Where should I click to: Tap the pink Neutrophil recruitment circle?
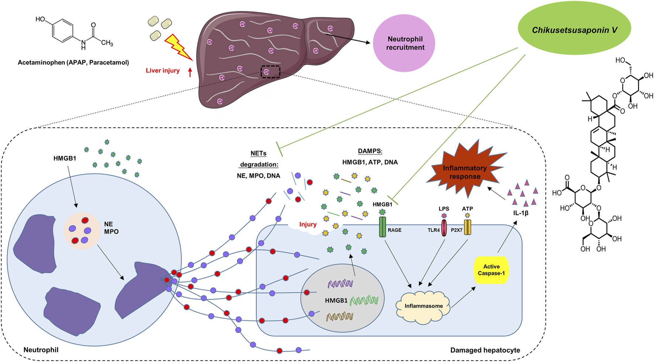pos(404,43)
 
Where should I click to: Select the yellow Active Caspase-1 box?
pos(491,270)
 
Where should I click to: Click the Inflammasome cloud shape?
pos(423,307)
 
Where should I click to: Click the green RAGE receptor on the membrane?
pos(382,227)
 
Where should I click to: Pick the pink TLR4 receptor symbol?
pos(444,228)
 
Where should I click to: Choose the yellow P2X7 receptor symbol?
pos(468,227)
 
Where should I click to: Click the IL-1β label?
pos(521,213)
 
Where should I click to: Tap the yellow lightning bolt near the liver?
pos(178,47)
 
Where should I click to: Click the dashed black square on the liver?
pos(271,72)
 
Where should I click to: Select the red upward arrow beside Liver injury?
pos(190,72)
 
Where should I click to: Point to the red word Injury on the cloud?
pos(308,224)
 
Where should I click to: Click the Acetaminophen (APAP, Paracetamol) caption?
pos(73,63)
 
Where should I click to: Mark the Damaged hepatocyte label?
pos(485,350)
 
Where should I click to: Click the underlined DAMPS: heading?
pos(370,151)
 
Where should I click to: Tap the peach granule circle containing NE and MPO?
pos(82,231)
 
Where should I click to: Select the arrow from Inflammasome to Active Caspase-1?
pos(464,297)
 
